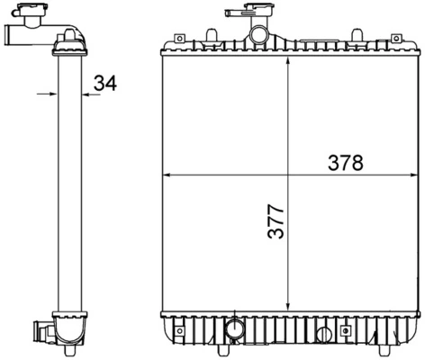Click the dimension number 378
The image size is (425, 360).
point(345,163)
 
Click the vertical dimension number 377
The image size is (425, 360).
point(276,221)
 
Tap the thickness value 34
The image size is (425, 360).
point(104,84)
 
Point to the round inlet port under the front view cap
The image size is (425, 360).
point(259,37)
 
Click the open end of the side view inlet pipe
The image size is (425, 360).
point(7,38)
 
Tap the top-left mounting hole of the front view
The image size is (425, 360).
point(178,39)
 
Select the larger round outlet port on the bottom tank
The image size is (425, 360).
point(235,328)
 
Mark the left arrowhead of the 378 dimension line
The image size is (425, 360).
point(164,175)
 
